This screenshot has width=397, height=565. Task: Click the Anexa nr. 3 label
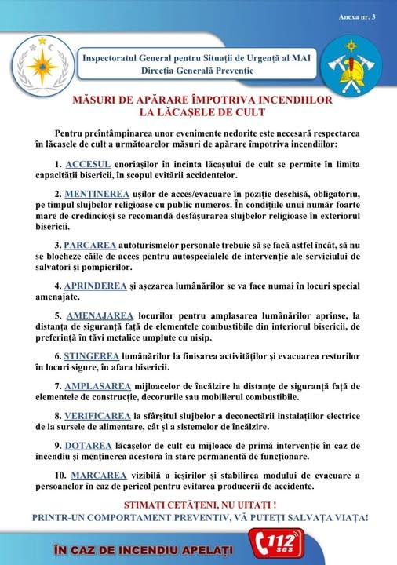358,16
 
